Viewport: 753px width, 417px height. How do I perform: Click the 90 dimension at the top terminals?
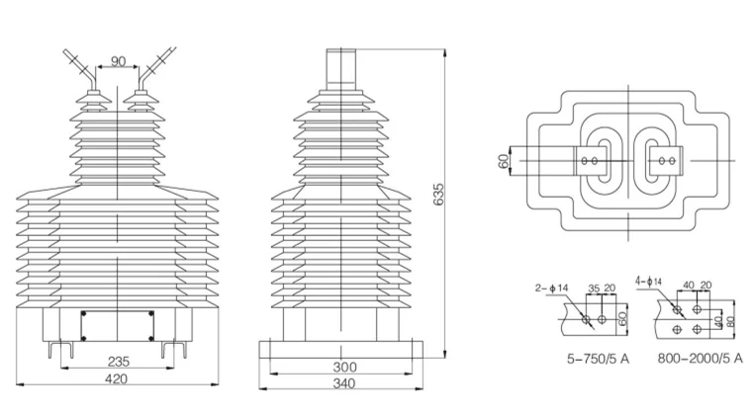118,61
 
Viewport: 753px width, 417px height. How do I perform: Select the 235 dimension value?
118,361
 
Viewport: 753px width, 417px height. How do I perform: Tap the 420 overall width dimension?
117,378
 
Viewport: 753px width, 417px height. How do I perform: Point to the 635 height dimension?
438,194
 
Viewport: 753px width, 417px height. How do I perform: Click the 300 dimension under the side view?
344,368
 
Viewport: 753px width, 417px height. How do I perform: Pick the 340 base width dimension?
344,383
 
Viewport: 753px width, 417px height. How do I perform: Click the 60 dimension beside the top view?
504,161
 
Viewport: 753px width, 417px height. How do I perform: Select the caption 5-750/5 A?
598,358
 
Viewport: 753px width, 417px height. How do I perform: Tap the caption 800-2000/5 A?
700,358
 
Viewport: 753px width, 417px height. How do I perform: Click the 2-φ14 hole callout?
552,289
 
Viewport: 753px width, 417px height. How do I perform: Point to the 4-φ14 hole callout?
648,281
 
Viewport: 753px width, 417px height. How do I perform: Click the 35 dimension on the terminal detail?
594,289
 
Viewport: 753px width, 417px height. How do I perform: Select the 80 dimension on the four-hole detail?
731,320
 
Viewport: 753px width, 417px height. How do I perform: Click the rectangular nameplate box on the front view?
117,326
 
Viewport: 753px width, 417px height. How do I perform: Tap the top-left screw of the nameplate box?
83,314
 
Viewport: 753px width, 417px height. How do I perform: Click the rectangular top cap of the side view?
341,69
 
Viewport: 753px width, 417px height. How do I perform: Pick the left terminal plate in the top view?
590,161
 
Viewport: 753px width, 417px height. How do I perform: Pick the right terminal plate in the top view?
666,161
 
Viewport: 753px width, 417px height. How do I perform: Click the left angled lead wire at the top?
80,67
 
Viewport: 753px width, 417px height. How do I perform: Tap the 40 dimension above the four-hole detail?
689,286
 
